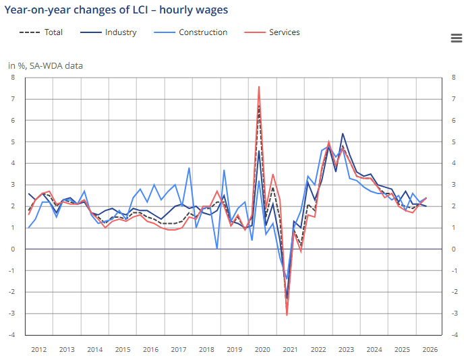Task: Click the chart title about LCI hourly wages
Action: [x=116, y=10]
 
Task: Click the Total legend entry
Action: [x=41, y=32]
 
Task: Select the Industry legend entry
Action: [x=109, y=32]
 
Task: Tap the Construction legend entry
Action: [x=191, y=32]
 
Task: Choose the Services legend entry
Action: [x=272, y=32]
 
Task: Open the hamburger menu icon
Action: [x=457, y=38]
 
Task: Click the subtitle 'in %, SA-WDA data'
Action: [x=45, y=65]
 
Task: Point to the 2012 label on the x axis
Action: [x=39, y=350]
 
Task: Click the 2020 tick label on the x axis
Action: [x=262, y=350]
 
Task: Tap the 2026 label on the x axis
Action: [x=430, y=350]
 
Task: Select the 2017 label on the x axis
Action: [x=179, y=350]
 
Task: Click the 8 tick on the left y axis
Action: [x=13, y=78]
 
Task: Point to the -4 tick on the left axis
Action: [x=11, y=335]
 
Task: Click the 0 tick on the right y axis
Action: [x=454, y=249]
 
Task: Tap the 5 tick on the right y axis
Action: [x=454, y=142]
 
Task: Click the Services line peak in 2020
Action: [x=259, y=86]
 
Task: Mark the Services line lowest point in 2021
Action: [x=287, y=315]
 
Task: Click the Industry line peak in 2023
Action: [x=343, y=133]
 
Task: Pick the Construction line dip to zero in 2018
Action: [x=217, y=249]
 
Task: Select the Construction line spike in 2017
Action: [x=189, y=168]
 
